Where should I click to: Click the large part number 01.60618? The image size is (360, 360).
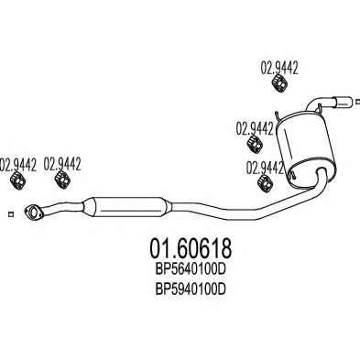(x=191, y=248)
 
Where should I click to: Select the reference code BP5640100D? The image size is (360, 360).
(x=191, y=269)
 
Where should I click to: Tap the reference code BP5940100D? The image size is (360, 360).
(x=191, y=289)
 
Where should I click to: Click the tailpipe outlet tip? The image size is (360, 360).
(x=344, y=103)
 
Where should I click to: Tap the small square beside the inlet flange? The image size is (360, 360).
(x=11, y=214)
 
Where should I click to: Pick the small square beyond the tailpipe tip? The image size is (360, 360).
(x=358, y=102)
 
